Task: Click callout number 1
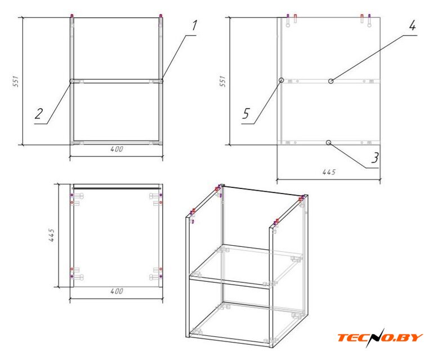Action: (x=194, y=25)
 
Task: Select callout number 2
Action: (x=39, y=114)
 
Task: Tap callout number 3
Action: (x=375, y=157)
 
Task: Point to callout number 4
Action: (x=412, y=25)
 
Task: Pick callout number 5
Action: (x=246, y=114)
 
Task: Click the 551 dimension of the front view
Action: (x=16, y=82)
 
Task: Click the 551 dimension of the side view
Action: (x=223, y=82)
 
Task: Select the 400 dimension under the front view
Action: (x=117, y=149)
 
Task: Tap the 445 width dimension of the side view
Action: (x=329, y=172)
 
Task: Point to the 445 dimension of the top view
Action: (x=51, y=235)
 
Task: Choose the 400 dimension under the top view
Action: (x=117, y=291)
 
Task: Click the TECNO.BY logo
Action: (x=380, y=337)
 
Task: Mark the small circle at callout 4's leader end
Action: (x=331, y=81)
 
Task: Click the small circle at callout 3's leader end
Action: (x=329, y=142)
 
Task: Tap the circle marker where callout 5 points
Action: (x=281, y=80)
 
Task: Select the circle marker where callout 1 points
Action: (x=161, y=81)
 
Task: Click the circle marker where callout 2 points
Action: (x=71, y=81)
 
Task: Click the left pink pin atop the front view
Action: (x=72, y=16)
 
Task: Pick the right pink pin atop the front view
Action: (x=160, y=16)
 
